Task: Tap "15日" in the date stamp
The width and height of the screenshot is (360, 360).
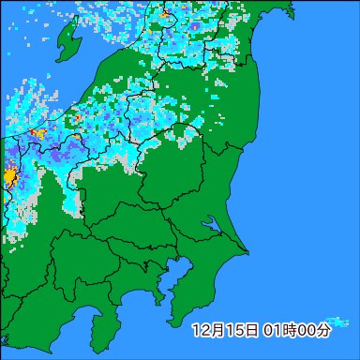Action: pyautogui.click(x=239, y=330)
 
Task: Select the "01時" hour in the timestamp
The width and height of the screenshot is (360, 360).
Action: pyautogui.click(x=279, y=330)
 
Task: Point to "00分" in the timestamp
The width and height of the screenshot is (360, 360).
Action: pyautogui.click(x=317, y=330)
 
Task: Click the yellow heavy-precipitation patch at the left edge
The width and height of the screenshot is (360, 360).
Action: pyautogui.click(x=9, y=175)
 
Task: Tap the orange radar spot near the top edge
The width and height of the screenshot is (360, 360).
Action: pyautogui.click(x=165, y=14)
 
